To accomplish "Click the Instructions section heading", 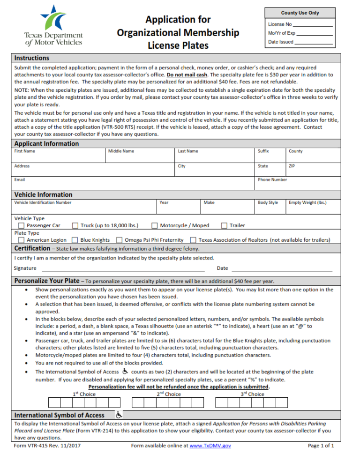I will (x=32, y=58).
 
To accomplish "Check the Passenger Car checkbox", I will (x=21, y=225).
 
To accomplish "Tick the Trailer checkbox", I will (x=224, y=225).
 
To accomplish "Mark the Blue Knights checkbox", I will (x=75, y=240).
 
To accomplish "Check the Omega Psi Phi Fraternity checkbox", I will (x=119, y=240).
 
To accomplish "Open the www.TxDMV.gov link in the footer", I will (x=210, y=446).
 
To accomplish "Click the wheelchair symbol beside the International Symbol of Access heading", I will (x=119, y=415).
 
